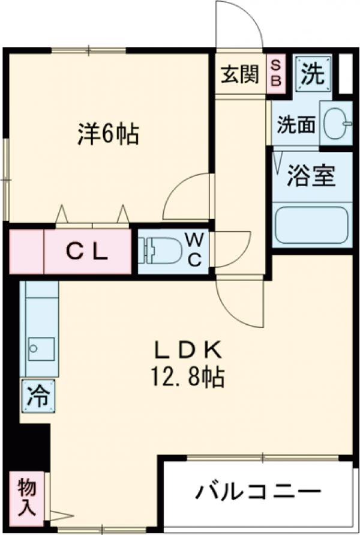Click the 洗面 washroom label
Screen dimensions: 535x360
(x=295, y=125)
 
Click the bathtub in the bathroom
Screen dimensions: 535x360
(x=311, y=225)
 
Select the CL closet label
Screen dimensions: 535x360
(x=87, y=252)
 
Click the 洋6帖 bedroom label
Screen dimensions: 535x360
(x=108, y=135)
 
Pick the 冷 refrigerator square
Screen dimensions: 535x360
(x=36, y=396)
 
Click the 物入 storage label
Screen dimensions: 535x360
(x=26, y=497)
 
